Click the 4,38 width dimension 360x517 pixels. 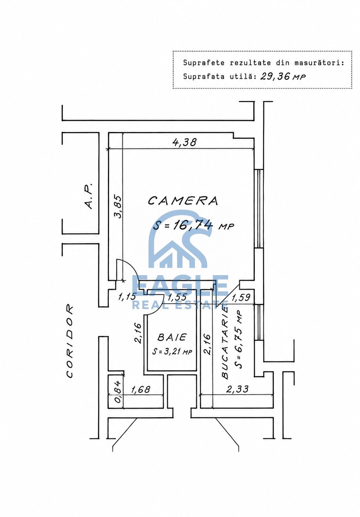184,142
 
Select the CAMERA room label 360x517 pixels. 183,201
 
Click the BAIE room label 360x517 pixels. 172,337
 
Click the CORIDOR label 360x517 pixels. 69,341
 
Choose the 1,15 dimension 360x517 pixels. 127,297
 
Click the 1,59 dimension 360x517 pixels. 241,297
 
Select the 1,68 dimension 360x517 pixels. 141,389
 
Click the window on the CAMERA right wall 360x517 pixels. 259,209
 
